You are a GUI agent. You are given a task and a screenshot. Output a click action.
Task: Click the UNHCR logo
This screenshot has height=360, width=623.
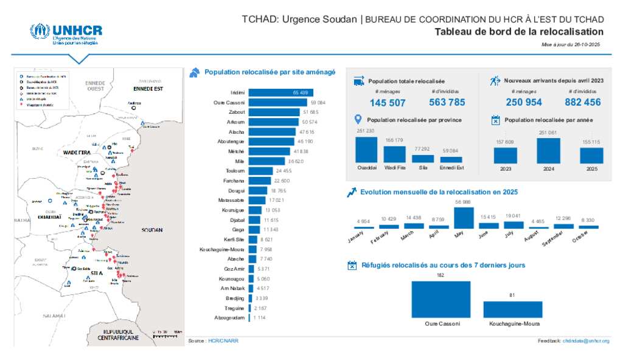66,34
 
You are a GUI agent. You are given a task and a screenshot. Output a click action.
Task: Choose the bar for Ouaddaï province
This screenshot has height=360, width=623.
366,150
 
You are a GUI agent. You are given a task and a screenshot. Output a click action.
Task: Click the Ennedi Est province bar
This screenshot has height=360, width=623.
451,159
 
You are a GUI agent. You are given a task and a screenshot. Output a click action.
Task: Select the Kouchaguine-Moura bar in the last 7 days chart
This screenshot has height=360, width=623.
512,309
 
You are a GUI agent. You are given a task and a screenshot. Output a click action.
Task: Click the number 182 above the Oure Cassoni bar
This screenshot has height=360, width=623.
440,275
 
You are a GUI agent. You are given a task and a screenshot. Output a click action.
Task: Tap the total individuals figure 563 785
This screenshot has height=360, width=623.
447,102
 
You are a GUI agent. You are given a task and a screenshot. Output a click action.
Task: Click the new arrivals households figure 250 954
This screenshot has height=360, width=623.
523,102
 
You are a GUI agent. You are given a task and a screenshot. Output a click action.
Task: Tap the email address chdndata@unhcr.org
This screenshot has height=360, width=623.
586,341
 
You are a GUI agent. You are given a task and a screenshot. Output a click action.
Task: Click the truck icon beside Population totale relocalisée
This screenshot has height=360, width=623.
358,81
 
